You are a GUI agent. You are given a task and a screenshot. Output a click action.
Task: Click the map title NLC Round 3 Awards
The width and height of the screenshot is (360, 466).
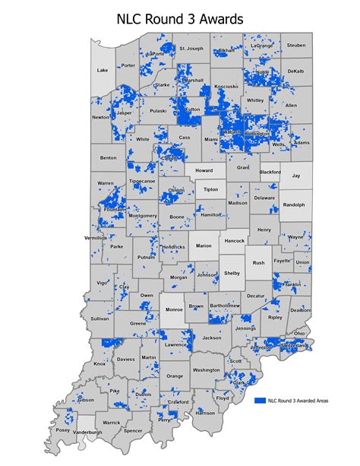(x=180, y=18)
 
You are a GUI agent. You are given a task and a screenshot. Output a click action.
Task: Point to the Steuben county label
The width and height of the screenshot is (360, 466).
(x=295, y=46)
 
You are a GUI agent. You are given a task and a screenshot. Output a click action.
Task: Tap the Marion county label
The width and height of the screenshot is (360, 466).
(x=203, y=246)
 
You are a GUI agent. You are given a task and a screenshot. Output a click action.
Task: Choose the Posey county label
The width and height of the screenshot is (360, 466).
(x=62, y=430)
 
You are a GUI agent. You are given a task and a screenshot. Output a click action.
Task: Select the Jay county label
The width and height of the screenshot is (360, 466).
(x=296, y=175)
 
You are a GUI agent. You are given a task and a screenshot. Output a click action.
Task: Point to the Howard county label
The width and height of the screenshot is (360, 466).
(x=204, y=171)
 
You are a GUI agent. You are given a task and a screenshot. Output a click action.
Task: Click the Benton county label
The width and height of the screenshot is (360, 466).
(x=108, y=157)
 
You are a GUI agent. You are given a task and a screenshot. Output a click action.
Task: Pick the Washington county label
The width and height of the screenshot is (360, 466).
(x=206, y=369)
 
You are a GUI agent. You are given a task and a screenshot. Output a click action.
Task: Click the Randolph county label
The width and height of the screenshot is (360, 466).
(x=294, y=204)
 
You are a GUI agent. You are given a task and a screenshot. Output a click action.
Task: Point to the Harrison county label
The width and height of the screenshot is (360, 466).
(x=205, y=412)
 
